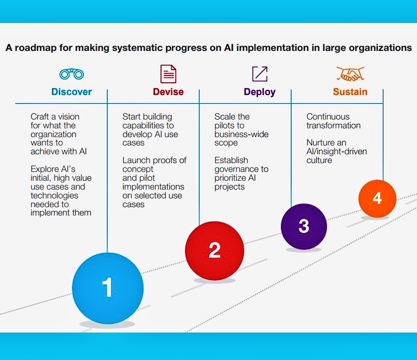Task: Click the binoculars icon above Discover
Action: (71, 74)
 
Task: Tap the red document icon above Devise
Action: (168, 74)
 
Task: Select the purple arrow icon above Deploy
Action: (260, 73)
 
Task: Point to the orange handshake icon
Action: (350, 74)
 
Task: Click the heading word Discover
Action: (71, 92)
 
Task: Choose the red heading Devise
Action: (168, 92)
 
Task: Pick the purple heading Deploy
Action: (259, 92)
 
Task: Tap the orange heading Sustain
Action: (350, 92)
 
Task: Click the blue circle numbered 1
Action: (108, 288)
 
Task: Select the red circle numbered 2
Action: (214, 250)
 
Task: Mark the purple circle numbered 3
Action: (303, 226)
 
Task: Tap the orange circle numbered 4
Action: (377, 198)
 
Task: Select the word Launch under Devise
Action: (135, 160)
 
